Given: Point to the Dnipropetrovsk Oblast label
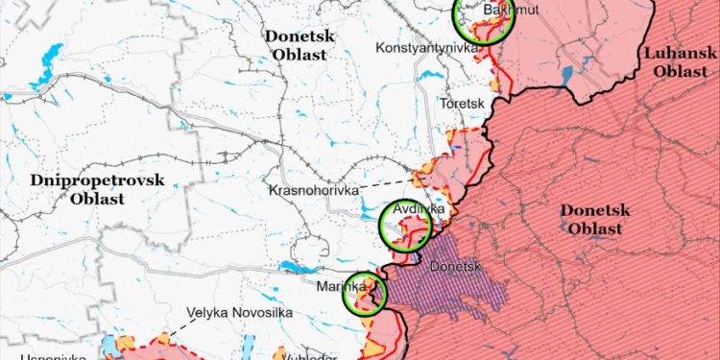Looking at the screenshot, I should (97, 189).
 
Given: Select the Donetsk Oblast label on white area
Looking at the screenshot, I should (298, 44).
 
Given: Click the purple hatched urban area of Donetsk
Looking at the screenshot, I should (470, 288).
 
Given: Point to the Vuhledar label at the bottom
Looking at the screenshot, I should (309, 356).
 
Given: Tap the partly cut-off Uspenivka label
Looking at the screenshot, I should (29, 356).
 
